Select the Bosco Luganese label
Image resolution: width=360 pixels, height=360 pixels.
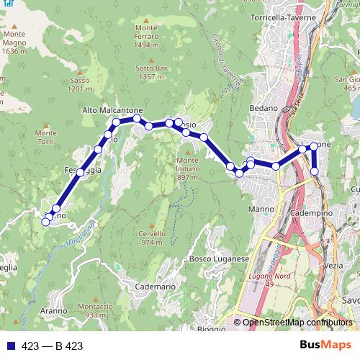[219, 258]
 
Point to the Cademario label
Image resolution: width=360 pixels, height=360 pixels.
[154, 287]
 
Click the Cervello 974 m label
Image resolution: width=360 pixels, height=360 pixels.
[153, 238]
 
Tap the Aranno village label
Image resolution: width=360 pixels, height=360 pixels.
[53, 311]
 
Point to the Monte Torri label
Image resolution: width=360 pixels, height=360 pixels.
[45, 138]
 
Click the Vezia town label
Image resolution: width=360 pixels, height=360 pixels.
[334, 266]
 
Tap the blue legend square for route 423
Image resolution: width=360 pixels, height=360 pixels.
[9, 346]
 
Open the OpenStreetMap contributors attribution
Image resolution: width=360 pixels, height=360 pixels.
[298, 322]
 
